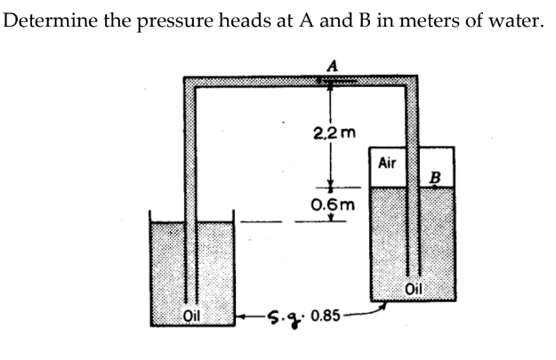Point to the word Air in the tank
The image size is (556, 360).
point(387,164)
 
